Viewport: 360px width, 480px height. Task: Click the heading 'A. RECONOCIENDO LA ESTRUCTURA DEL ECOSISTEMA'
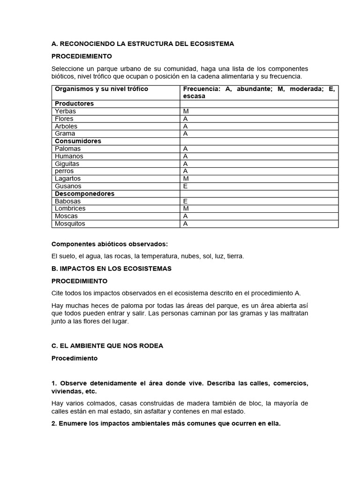point(142,44)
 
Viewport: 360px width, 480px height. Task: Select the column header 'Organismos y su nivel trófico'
point(101,89)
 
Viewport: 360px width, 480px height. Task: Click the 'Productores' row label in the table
point(74,104)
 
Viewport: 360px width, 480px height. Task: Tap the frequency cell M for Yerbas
point(186,111)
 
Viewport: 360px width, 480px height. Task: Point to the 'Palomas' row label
point(67,149)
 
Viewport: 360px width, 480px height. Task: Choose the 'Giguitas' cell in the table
point(67,164)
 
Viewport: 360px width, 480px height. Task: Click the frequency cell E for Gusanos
point(185,186)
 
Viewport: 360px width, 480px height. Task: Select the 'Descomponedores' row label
point(84,194)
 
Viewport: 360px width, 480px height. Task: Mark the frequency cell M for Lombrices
point(186,209)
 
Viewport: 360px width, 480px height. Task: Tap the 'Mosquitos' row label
point(70,224)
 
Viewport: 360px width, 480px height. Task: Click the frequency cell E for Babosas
point(185,201)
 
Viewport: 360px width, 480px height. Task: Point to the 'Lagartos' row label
point(67,179)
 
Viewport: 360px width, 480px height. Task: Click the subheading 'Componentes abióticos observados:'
point(109,244)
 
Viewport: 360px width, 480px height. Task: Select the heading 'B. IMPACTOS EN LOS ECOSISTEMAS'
point(112,269)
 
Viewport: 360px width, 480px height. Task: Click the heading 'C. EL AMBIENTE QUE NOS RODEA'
point(107,346)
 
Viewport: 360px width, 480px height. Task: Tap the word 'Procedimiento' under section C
point(75,358)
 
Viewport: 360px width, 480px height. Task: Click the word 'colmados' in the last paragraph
point(97,404)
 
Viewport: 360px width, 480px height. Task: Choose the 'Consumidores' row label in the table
point(78,141)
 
